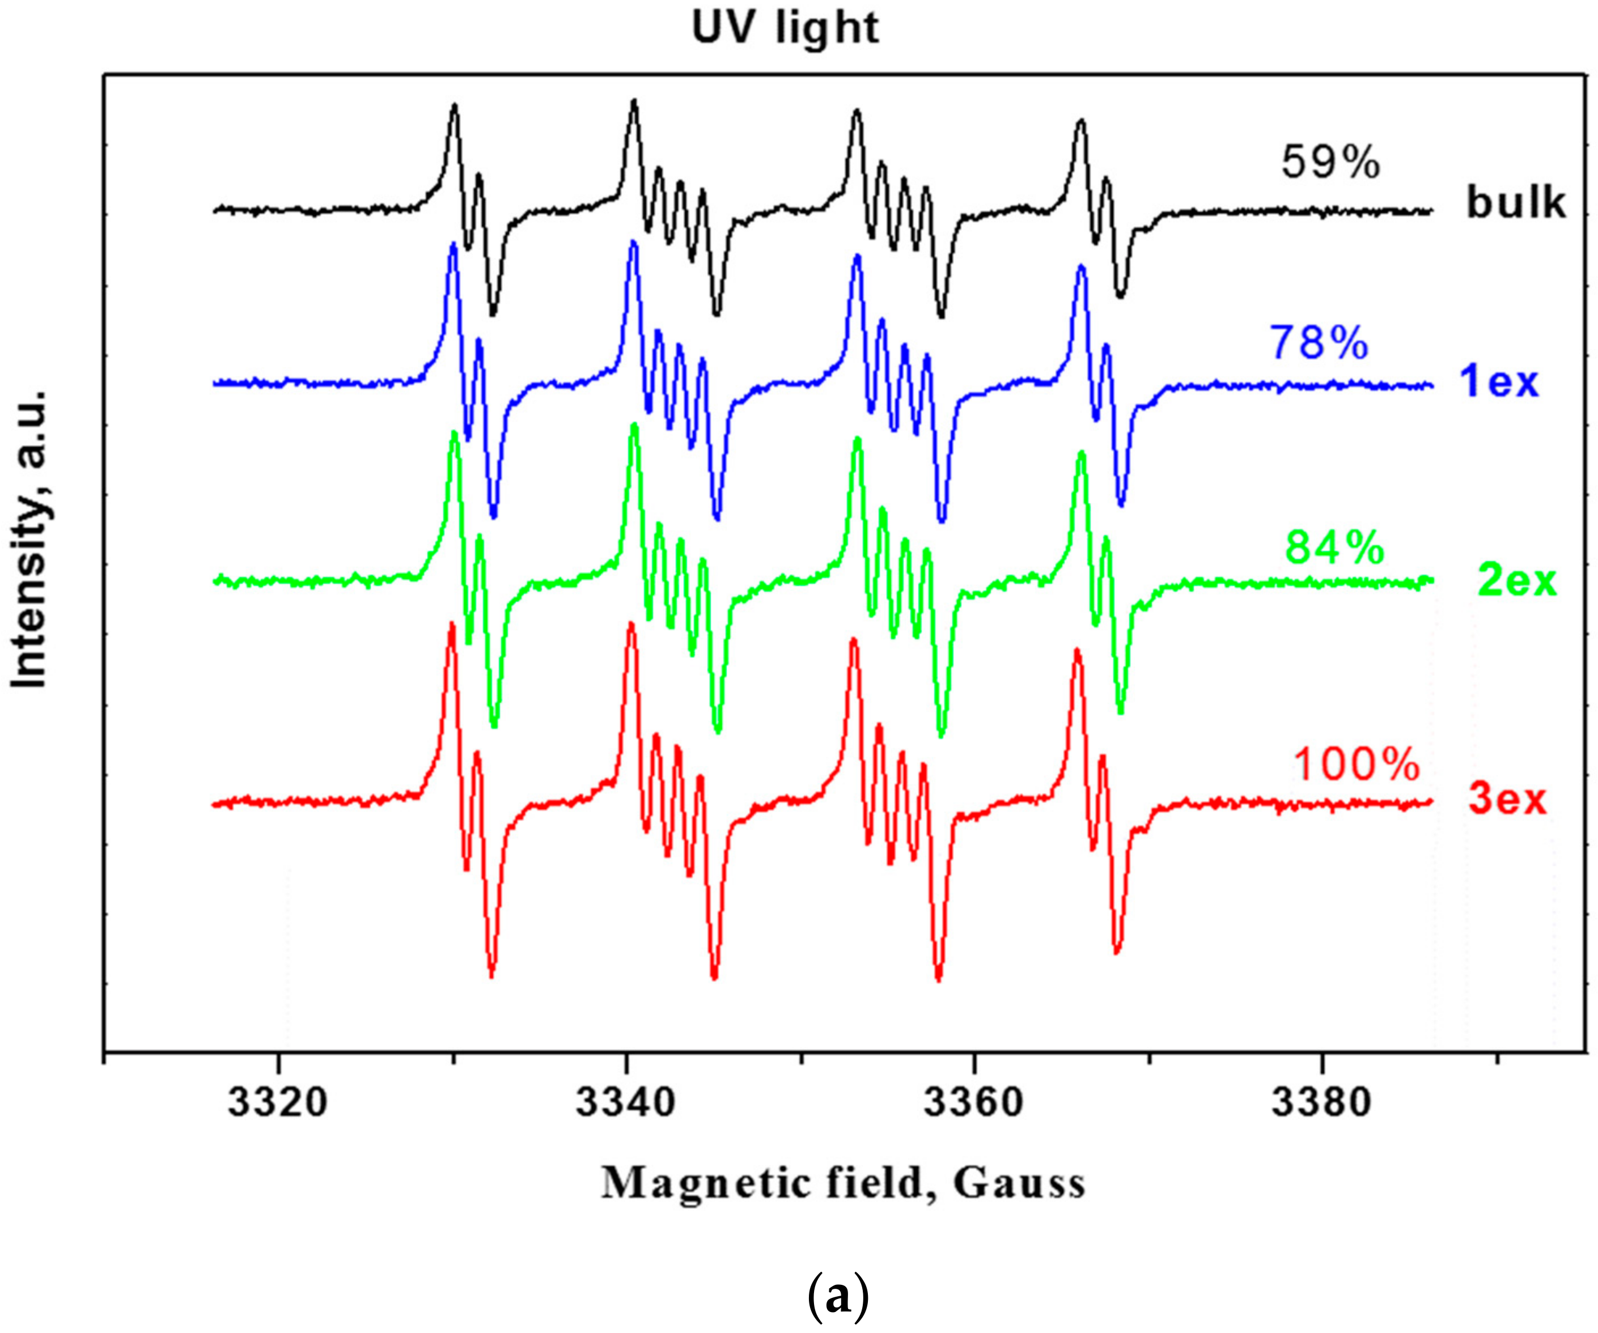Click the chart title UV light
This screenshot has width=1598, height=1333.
(x=785, y=29)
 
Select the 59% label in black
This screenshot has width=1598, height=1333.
(x=1330, y=163)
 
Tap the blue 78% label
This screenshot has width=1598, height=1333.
(x=1319, y=343)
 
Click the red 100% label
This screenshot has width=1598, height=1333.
(x=1356, y=765)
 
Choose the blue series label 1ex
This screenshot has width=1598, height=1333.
(x=1498, y=381)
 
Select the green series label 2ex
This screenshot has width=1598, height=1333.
(x=1516, y=581)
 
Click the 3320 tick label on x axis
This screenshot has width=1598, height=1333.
(x=278, y=1102)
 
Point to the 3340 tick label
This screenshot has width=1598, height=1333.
(x=625, y=1102)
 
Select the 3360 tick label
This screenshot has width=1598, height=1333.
(x=973, y=1102)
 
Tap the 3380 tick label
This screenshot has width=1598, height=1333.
(x=1321, y=1102)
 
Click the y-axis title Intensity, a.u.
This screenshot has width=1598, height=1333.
(x=31, y=540)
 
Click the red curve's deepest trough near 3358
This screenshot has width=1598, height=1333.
(x=938, y=980)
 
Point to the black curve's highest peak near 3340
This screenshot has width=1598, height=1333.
(x=634, y=101)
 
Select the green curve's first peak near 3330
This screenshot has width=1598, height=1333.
(x=454, y=434)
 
